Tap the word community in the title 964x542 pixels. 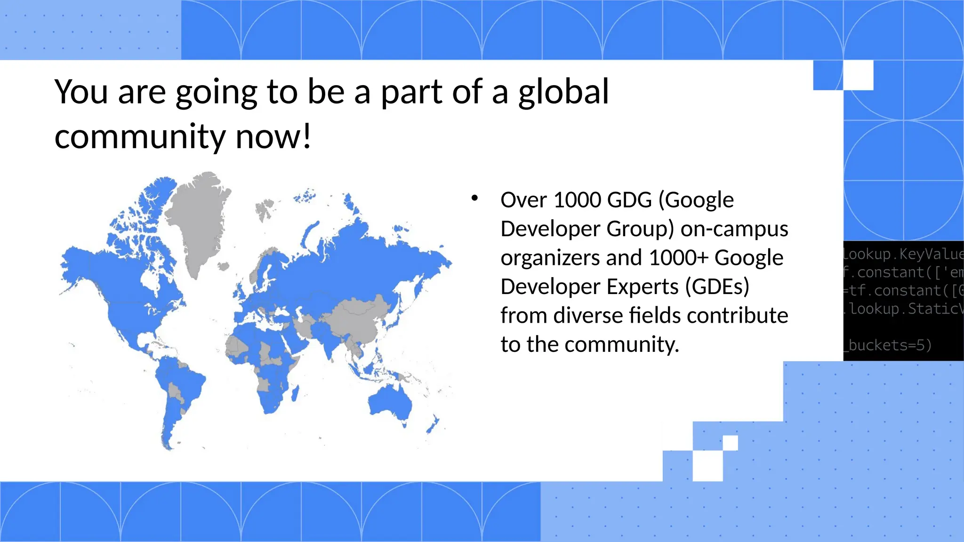140,137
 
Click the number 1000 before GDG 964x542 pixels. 577,200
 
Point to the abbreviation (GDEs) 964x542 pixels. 717,287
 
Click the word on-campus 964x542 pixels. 734,229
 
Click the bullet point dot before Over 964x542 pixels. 474,198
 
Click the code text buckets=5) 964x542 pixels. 890,345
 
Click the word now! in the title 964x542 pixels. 273,137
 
